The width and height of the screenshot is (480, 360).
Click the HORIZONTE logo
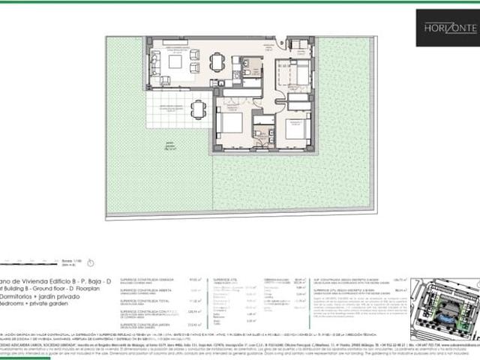coord(447,27)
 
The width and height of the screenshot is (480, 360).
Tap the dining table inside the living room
coord(217,61)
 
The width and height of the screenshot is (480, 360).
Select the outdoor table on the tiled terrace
coord(197,109)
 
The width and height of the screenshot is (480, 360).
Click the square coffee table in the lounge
coord(175,62)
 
